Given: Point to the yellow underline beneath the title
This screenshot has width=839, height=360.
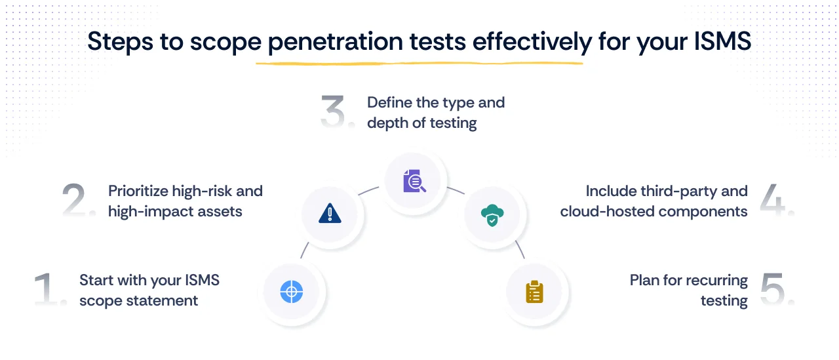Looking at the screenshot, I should (x=419, y=64).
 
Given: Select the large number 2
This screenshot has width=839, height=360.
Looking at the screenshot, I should (x=79, y=200).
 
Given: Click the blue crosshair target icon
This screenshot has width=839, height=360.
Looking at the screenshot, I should (x=291, y=291).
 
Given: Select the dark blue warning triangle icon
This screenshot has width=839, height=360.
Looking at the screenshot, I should (x=330, y=214).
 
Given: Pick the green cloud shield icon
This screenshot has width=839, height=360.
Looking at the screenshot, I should (x=492, y=214).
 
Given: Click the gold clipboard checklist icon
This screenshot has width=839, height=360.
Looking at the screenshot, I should (x=534, y=291).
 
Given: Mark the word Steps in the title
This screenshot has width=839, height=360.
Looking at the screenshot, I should (x=116, y=41).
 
